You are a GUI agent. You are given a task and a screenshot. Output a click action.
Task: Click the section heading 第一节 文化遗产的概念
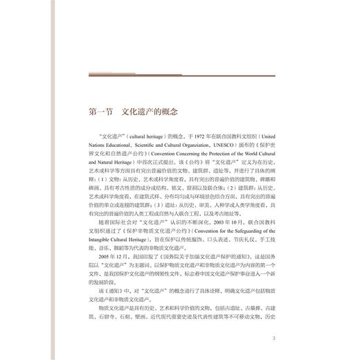tap(134, 111)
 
